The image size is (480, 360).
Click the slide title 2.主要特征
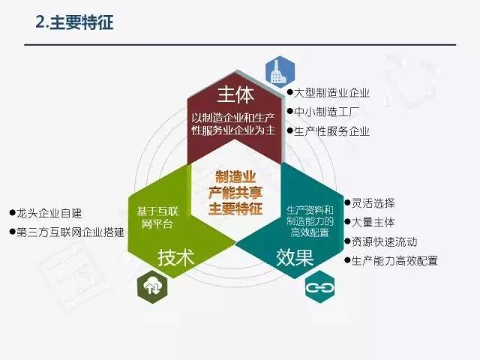[x=74, y=22]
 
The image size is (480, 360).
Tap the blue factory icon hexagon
[x=280, y=72]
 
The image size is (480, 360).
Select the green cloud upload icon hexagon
[x=152, y=286]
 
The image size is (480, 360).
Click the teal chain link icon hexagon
[x=320, y=286]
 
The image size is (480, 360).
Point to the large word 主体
[x=235, y=94]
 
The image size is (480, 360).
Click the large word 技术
[x=176, y=257]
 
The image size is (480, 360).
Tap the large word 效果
[x=295, y=257]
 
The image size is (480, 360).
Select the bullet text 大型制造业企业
[x=331, y=93]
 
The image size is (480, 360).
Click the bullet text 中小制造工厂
[x=326, y=112]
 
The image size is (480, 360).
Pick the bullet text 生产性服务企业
[x=331, y=131]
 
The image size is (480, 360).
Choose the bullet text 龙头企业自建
[x=49, y=213]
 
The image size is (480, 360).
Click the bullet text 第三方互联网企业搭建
[x=70, y=232]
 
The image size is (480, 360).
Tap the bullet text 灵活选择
[x=373, y=203]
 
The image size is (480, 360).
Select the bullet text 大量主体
[x=373, y=222]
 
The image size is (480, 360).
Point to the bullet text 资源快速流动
[x=384, y=241]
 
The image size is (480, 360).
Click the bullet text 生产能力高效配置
[x=394, y=261]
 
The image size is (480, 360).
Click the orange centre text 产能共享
[x=235, y=193]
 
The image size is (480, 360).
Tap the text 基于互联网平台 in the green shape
[x=157, y=217]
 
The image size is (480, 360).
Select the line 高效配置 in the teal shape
[x=310, y=232]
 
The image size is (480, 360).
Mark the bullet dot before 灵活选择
[x=347, y=202]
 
